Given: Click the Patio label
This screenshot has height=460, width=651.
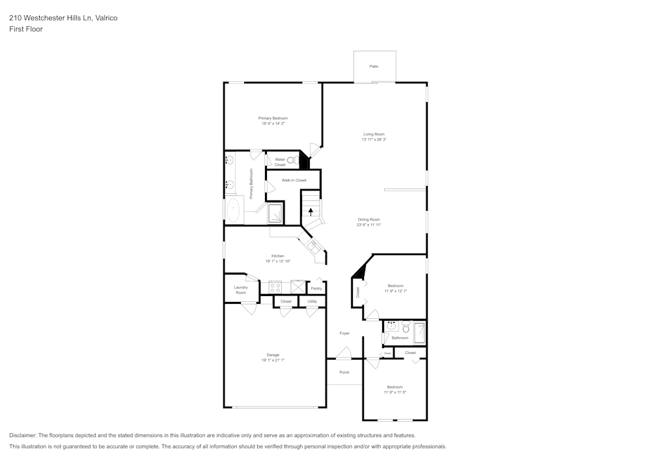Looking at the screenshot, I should point(374,66).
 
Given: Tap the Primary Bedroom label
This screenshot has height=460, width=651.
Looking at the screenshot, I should point(273,118).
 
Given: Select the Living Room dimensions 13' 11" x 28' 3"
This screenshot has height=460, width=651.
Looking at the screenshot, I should point(374,139).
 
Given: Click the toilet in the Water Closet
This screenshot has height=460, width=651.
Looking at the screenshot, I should point(292,159).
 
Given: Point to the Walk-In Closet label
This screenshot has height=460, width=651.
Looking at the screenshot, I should point(294,180).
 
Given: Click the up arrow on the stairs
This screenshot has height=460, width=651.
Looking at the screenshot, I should point(311,211).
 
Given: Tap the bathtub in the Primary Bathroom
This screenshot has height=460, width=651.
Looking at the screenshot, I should point(233,211).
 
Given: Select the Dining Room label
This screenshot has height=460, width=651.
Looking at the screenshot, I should point(368,219).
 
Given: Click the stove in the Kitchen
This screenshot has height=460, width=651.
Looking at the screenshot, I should point(275,286).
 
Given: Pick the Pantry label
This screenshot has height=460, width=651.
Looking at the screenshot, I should point(316,288).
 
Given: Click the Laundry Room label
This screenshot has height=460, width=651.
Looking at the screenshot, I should point(241,290).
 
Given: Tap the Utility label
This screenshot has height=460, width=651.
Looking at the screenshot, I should point(312,302).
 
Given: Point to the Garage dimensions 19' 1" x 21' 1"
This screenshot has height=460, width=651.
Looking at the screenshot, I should point(273,360).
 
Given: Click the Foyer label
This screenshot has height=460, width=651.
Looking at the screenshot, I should point(344,333).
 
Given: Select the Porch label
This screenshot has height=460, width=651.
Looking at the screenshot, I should point(344,372).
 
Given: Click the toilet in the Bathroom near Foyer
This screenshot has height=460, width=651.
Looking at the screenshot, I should point(405,328).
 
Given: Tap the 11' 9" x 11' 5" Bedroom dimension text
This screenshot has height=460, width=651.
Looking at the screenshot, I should point(395,392).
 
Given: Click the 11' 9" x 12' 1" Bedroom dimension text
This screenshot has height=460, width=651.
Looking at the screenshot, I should point(395,291).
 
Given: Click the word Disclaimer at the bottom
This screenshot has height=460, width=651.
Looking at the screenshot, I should point(23,435).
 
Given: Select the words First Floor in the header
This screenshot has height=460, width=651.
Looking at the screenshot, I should point(26,29).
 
